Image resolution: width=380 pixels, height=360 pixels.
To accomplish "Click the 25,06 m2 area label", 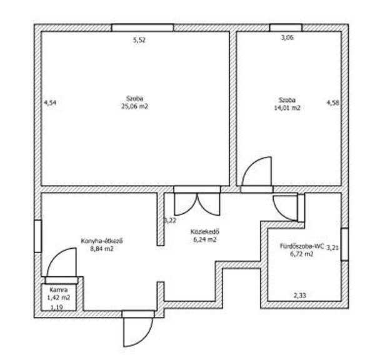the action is tap(134, 106).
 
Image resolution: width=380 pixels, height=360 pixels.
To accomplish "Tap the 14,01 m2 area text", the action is tap(287, 108).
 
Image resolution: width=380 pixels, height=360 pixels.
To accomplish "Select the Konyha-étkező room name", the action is tap(102, 241).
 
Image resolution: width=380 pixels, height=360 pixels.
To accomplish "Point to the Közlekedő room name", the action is tap(205, 232).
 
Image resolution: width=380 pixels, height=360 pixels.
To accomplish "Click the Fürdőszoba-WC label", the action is tap(302, 246).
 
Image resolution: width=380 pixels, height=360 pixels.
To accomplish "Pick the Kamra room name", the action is tap(59, 290).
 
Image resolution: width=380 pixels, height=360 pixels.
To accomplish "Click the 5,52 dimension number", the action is tap(139, 40).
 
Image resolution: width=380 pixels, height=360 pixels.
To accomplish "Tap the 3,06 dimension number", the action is tap(287, 37).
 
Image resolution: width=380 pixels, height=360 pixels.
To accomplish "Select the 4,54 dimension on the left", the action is tap(50, 102).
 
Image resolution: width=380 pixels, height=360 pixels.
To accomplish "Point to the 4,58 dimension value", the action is tap(333, 102).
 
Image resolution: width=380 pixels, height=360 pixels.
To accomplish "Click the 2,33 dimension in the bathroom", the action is tap(300, 295).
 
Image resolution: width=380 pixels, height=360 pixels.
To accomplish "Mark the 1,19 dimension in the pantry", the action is tap(57, 307).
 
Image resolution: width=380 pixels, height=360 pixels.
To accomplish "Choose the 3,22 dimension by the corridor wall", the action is tap(171, 221).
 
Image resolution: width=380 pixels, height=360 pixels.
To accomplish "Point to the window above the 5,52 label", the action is tap(142, 27).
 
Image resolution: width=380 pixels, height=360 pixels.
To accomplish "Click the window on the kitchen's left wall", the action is tap(37, 236).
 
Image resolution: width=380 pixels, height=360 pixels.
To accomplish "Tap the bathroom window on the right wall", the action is tap(345, 244).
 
